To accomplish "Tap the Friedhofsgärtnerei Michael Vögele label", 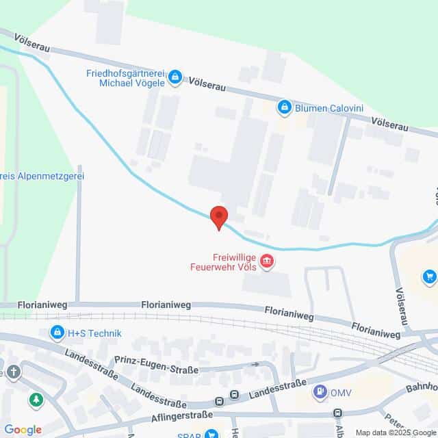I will coord(125,78).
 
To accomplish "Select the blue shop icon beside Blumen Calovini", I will coord(284,107).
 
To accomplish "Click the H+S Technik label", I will coord(94,333).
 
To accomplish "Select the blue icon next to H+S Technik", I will coord(57,333).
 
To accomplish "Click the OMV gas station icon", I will coord(318,391).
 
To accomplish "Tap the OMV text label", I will coord(340,392).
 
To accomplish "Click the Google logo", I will coord(23,429).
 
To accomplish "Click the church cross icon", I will coord(14,372).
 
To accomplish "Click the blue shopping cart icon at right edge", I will coord(430,276).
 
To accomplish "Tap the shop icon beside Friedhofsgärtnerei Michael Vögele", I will coord(175,77).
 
